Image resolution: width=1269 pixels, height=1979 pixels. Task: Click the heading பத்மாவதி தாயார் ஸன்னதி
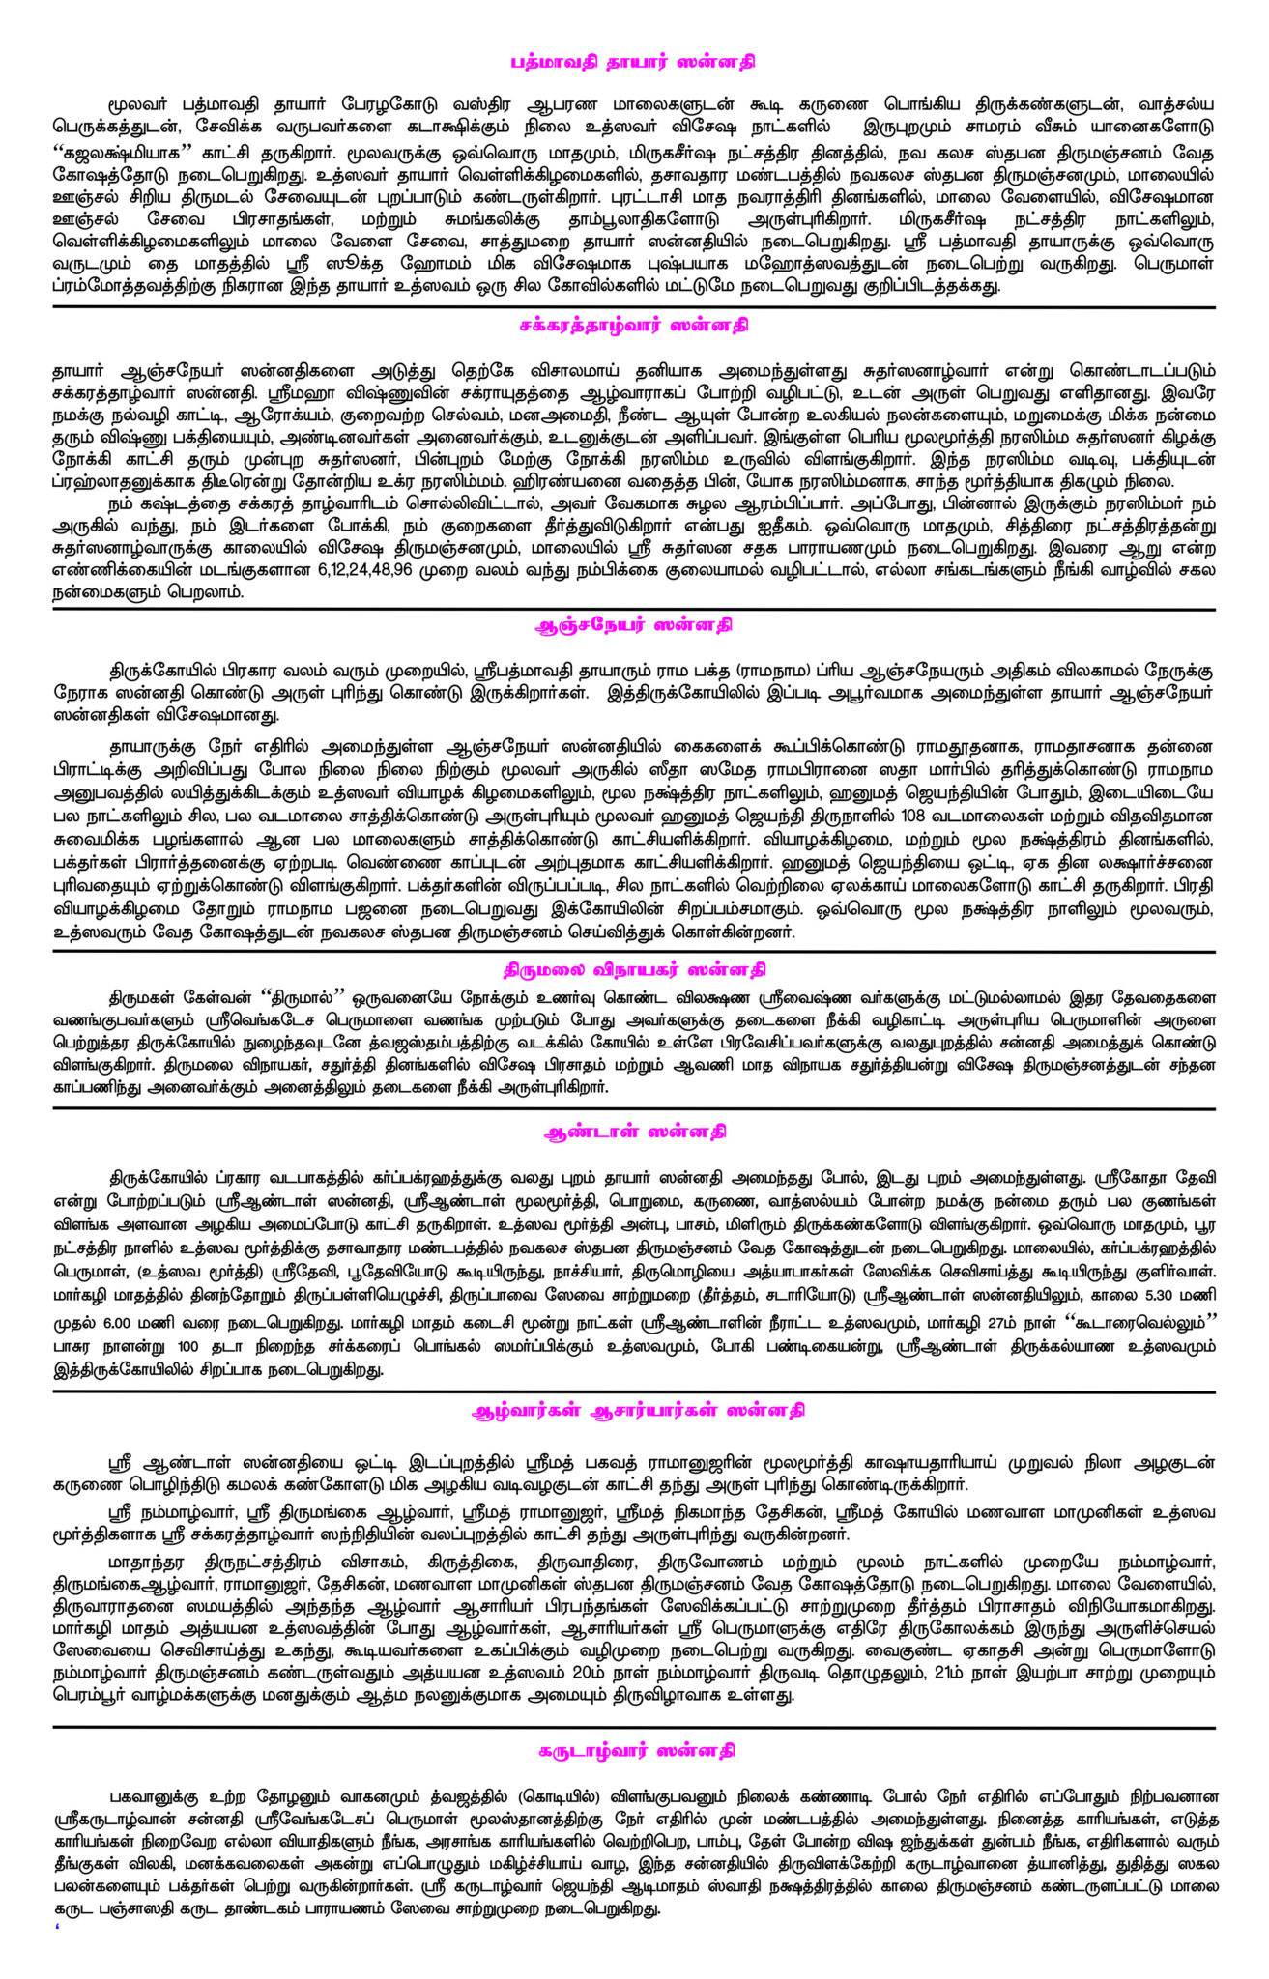pos(633,62)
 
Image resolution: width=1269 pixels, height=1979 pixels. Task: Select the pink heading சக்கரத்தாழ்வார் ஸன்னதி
pos(633,326)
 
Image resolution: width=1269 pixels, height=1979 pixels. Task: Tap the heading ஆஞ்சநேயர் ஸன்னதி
pos(633,625)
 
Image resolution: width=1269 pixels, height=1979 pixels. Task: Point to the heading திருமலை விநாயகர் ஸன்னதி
pos(634,969)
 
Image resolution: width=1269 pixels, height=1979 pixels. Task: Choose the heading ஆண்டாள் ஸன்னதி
pos(635,1131)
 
